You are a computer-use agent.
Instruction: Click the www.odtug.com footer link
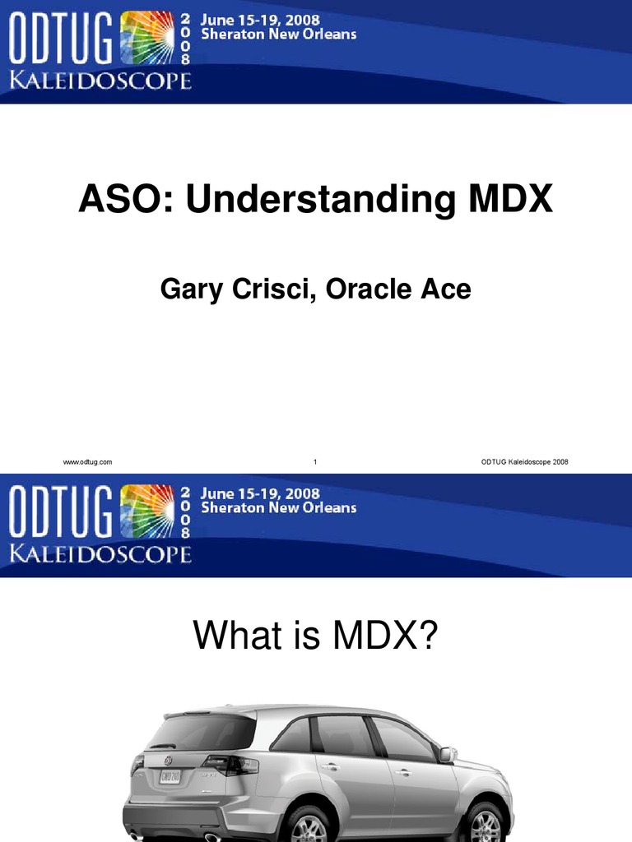click(87, 462)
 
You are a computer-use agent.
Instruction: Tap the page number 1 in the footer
click(315, 462)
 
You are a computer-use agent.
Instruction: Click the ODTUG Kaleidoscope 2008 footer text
click(525, 462)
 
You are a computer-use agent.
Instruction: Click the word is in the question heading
click(303, 636)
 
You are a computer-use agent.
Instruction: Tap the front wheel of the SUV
click(486, 825)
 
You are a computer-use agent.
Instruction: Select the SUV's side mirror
click(447, 753)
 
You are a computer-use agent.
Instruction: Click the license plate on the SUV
click(170, 777)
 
